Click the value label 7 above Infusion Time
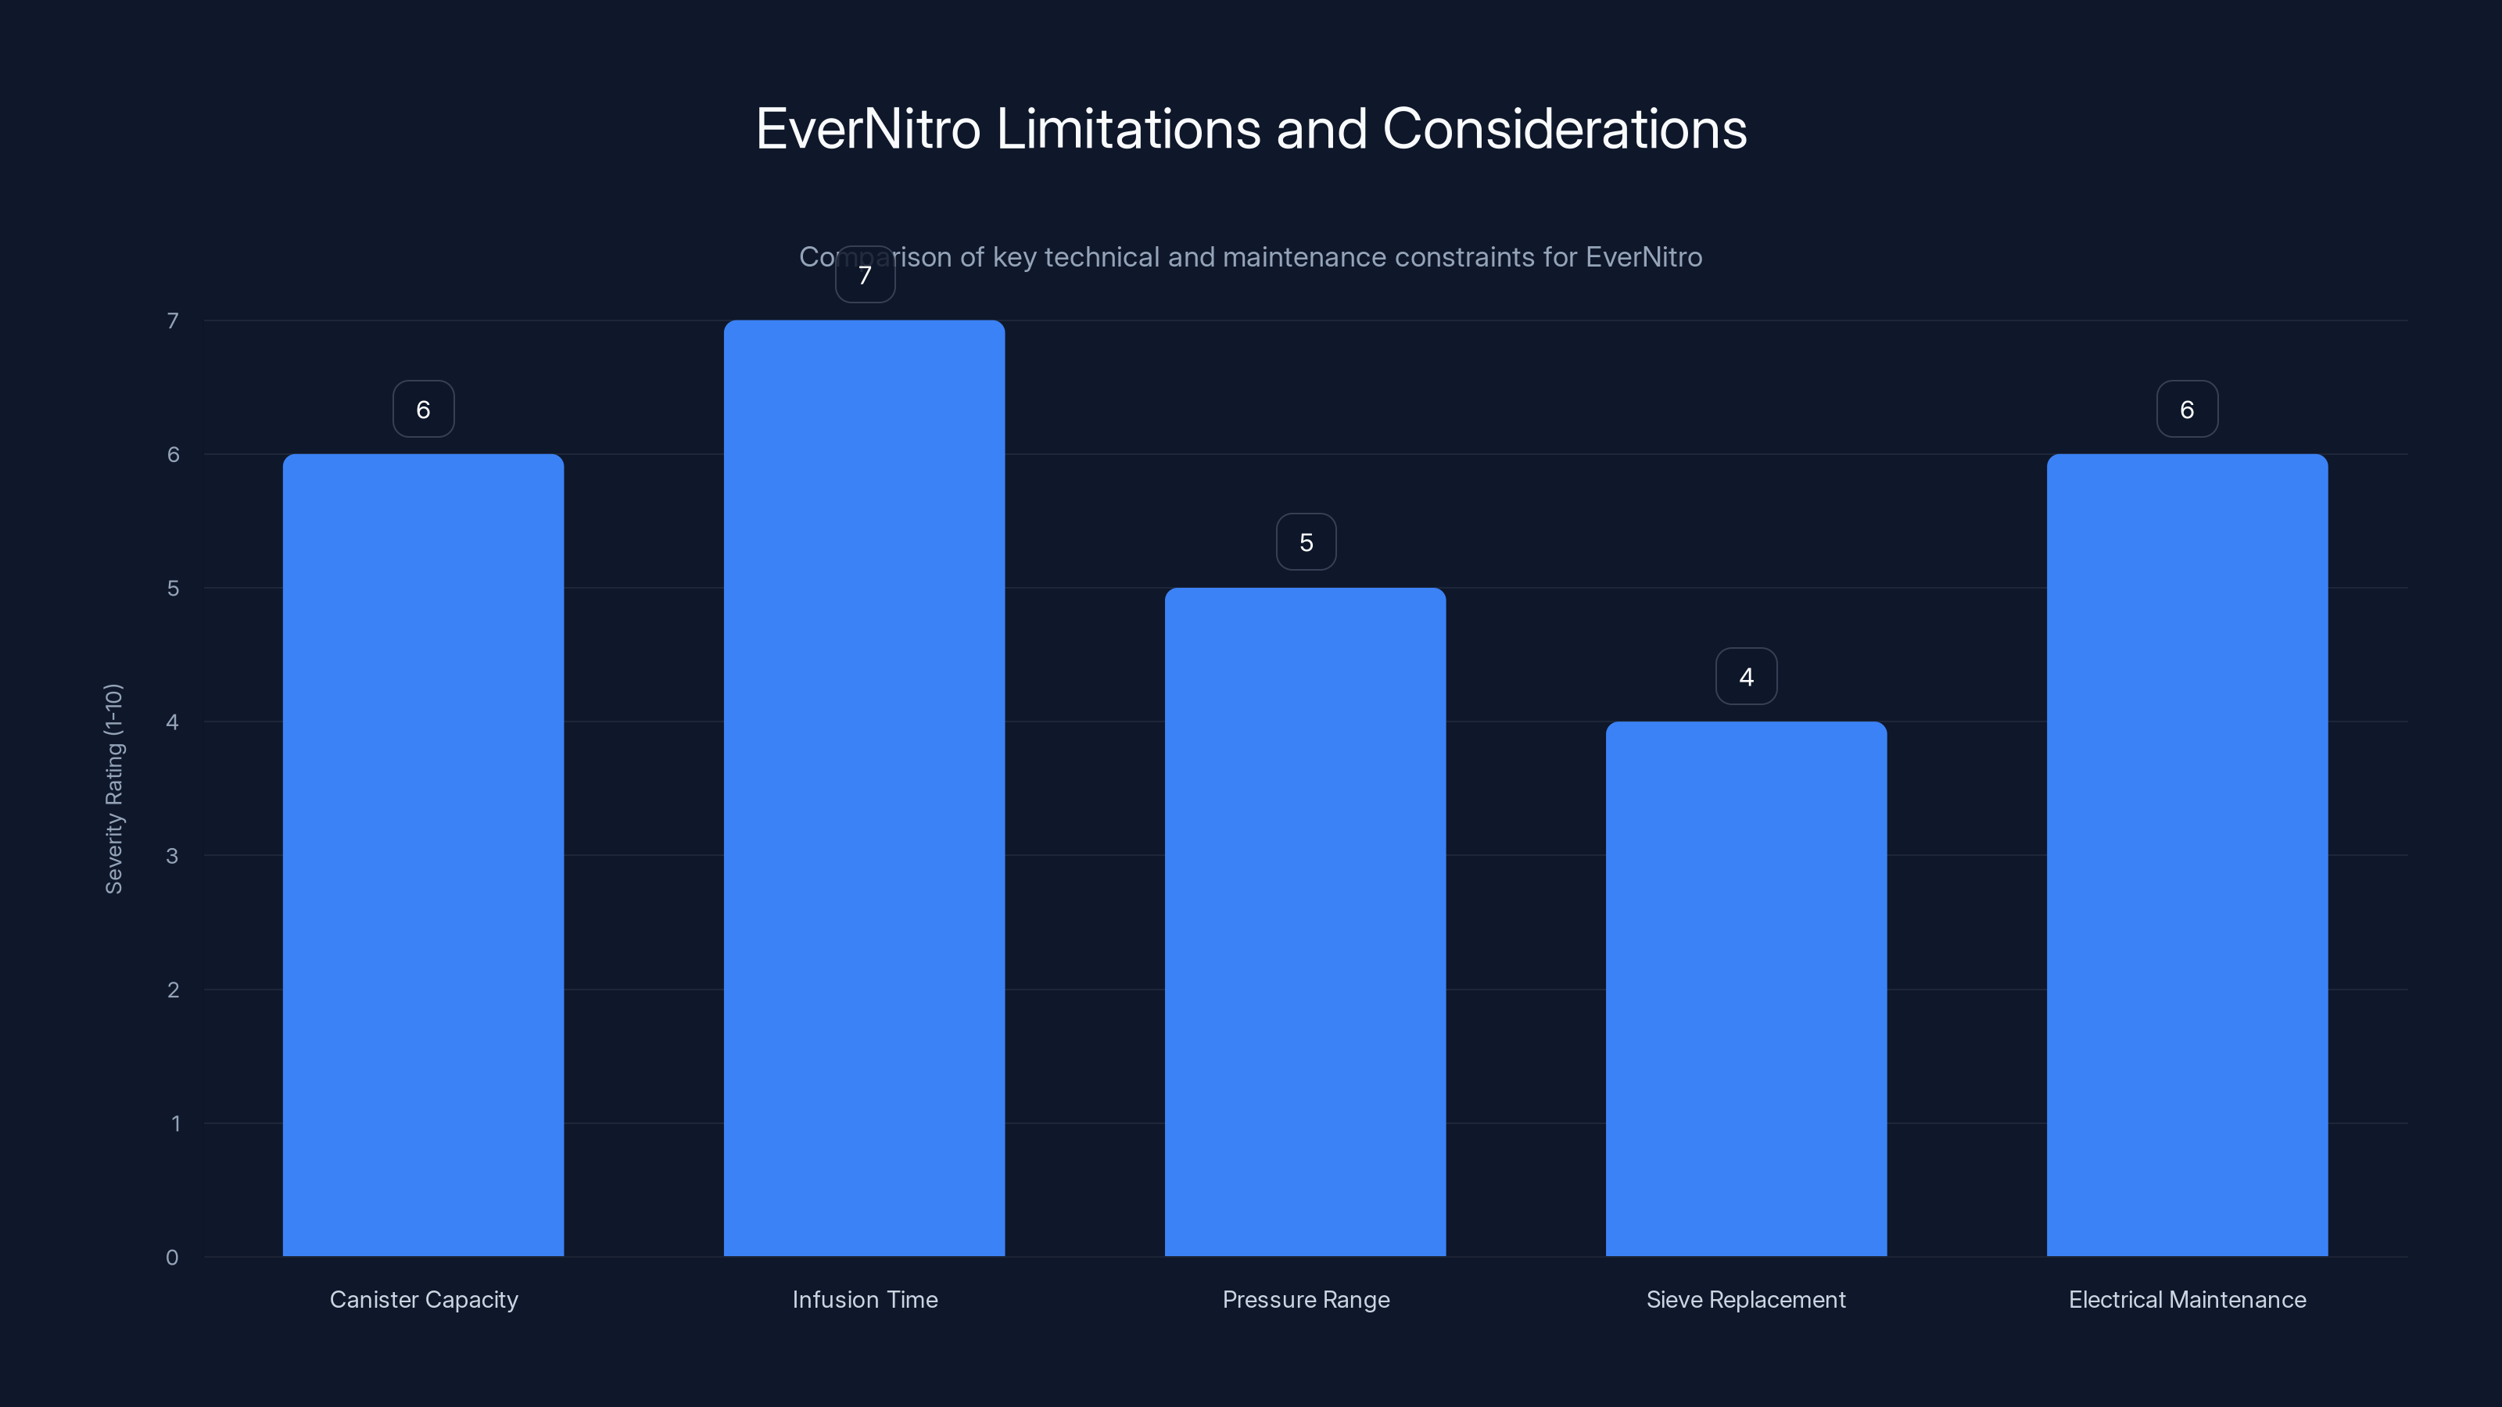click(x=865, y=275)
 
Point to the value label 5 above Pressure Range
click(x=1306, y=542)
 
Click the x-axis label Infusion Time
click(x=865, y=1299)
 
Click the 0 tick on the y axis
click(x=172, y=1258)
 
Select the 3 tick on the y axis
click(x=172, y=855)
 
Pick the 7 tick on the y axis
click(x=173, y=320)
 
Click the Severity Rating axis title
click(x=113, y=789)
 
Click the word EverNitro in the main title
click(x=867, y=129)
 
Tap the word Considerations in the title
click(x=1564, y=129)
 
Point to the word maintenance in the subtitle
click(x=1275, y=257)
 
